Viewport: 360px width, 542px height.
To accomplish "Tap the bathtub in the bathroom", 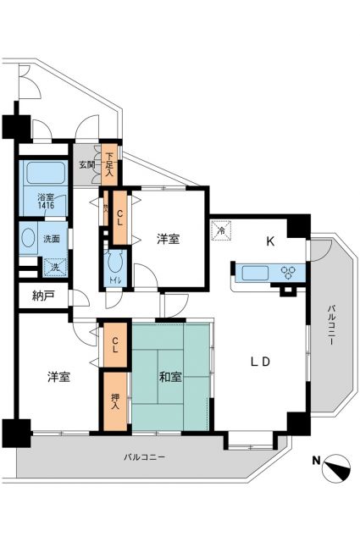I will [45, 174].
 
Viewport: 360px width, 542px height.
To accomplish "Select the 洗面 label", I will [51, 239].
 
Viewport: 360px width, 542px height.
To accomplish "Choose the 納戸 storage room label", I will [42, 297].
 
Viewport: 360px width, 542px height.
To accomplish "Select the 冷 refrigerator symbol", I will [219, 230].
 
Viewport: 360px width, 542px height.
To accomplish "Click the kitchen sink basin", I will [254, 273].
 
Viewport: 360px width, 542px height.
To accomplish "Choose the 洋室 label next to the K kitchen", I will [167, 239].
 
